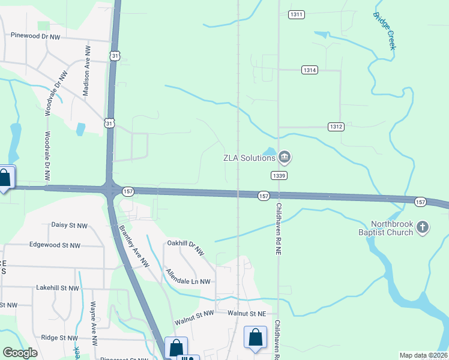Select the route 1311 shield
pos(297,14)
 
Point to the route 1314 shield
pos(309,70)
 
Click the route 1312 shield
pos(336,127)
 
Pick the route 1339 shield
pos(279,175)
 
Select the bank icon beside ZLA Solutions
pos(285,158)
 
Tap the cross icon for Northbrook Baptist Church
pos(423,227)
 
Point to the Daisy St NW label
pos(69,226)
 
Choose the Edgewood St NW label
pos(55,245)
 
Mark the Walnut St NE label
pos(246,313)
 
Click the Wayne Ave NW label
pos(94,324)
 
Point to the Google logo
pos(20,353)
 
